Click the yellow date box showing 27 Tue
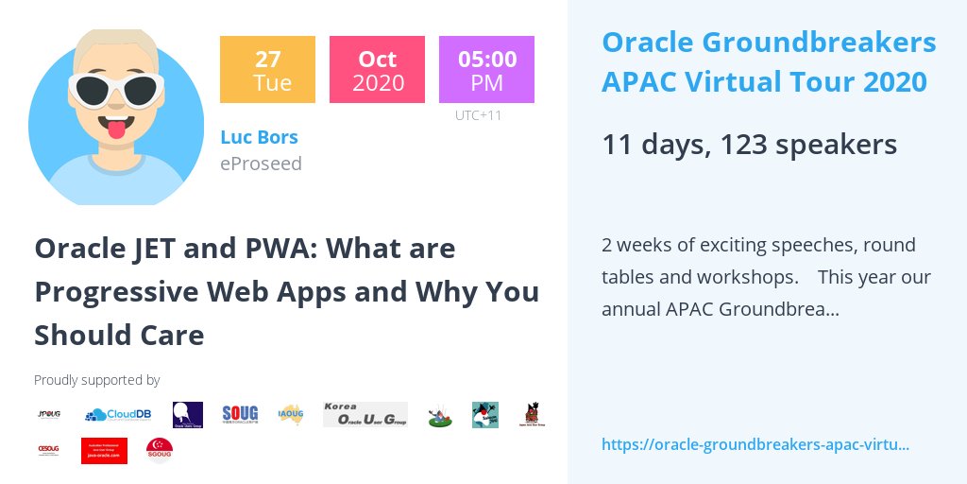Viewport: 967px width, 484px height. click(267, 69)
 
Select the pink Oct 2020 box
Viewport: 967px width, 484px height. click(377, 69)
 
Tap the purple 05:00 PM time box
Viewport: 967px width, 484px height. click(486, 69)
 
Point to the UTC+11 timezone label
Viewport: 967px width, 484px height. click(478, 115)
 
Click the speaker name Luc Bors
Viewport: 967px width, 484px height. click(259, 137)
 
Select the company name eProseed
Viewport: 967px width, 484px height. click(261, 164)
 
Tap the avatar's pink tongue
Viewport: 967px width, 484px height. click(116, 129)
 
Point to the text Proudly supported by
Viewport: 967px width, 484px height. click(97, 380)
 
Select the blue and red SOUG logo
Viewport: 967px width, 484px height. click(240, 414)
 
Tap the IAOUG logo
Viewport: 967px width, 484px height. click(290, 414)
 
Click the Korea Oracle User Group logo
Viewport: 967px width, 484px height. click(365, 414)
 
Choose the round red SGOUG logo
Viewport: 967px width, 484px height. click(159, 450)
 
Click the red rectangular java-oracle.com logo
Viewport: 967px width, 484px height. click(104, 450)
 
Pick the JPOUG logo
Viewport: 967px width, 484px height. click(49, 414)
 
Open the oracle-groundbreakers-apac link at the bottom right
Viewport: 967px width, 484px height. click(755, 444)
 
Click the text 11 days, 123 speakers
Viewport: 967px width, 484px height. click(749, 145)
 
